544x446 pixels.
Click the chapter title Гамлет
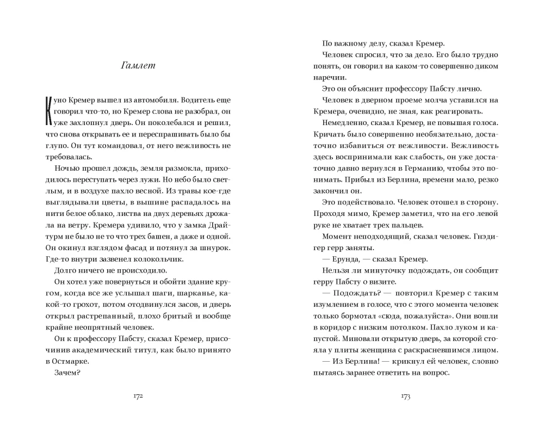coord(139,66)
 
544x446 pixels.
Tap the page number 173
coord(405,397)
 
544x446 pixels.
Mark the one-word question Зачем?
coord(67,373)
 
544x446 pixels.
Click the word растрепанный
coord(102,315)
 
